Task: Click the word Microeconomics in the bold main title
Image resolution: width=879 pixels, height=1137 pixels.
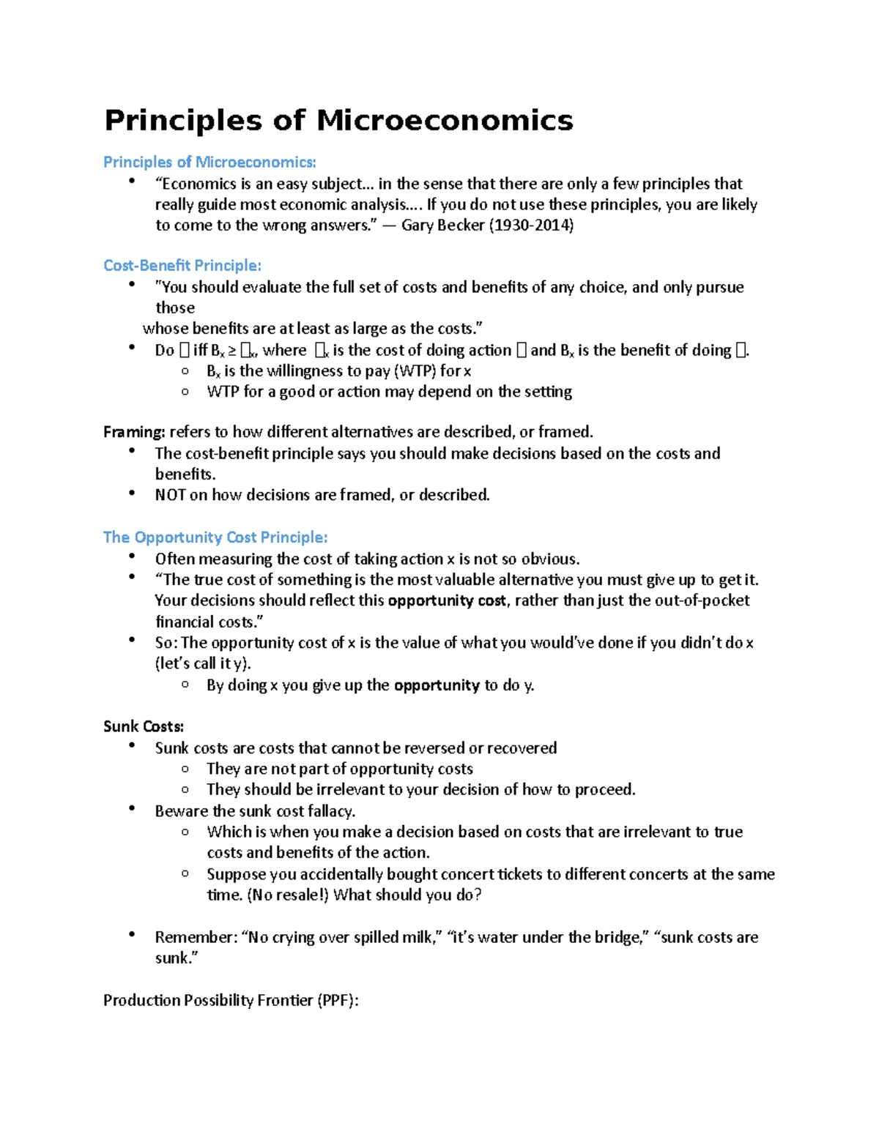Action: [x=445, y=121]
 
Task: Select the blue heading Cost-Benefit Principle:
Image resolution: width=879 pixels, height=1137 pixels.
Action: [x=182, y=266]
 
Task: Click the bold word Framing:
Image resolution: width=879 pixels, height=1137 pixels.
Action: [x=134, y=432]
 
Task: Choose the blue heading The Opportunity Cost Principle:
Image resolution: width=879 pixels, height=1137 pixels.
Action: [x=215, y=537]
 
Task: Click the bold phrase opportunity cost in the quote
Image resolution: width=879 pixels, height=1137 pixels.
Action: [x=446, y=601]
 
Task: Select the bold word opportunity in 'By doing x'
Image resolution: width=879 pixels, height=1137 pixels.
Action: [x=437, y=685]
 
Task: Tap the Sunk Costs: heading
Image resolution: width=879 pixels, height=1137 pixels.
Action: [x=143, y=726]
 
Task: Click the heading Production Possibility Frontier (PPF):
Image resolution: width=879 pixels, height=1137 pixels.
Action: [x=231, y=1001]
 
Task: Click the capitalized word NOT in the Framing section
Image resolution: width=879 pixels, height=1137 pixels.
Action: [x=170, y=495]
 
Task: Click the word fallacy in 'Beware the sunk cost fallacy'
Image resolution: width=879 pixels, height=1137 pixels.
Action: [x=331, y=811]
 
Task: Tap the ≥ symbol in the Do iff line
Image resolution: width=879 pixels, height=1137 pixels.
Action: [x=231, y=351]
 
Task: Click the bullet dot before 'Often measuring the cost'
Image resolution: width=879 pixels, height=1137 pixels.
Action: [x=132, y=557]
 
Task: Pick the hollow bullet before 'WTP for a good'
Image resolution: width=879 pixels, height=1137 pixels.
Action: [x=185, y=392]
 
